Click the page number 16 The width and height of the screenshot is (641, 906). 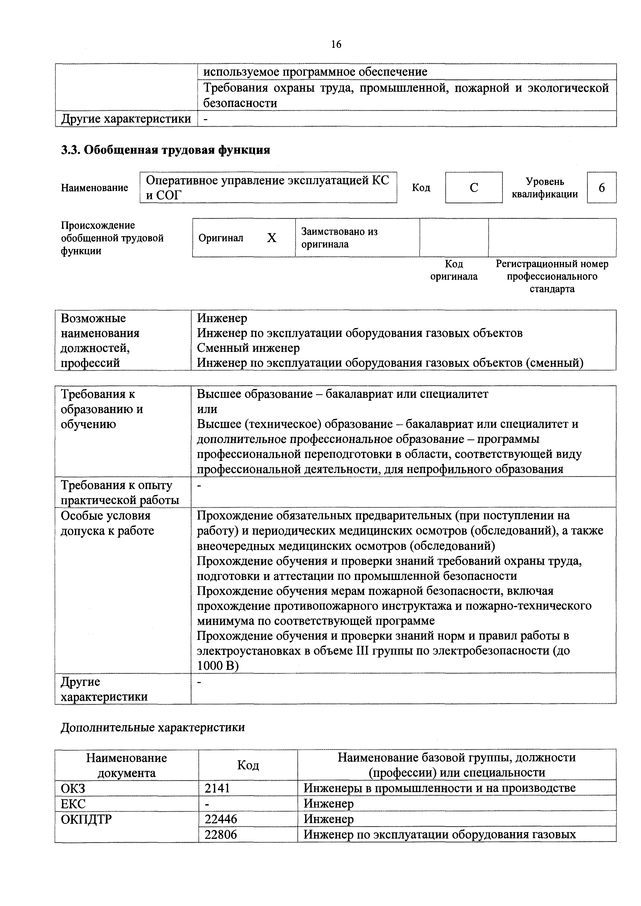(x=336, y=44)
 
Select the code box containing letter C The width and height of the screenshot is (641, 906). (x=474, y=188)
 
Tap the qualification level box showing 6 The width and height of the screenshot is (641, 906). (x=601, y=188)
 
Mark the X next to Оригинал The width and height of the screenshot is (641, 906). (x=272, y=238)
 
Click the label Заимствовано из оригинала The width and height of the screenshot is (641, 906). (x=339, y=238)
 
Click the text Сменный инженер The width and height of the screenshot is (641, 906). (x=248, y=348)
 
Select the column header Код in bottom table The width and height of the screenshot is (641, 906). (x=248, y=765)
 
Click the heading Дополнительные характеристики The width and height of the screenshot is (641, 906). (x=153, y=727)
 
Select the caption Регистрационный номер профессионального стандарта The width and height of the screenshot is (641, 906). (x=552, y=276)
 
